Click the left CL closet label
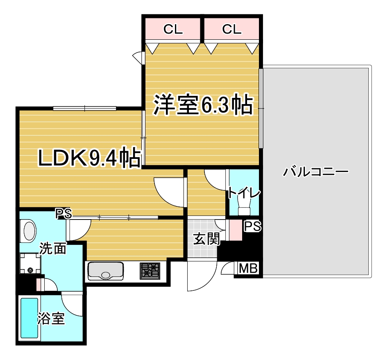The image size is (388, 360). (x=173, y=29)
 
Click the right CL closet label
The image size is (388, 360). (x=231, y=29)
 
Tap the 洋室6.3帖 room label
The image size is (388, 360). (x=203, y=104)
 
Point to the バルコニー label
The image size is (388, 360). (x=316, y=172)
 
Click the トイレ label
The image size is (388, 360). (x=244, y=193)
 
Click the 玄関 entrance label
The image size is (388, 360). (x=206, y=239)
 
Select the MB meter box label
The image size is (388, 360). (x=248, y=268)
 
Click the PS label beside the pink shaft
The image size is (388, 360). (x=253, y=226)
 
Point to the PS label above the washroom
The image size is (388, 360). (x=64, y=213)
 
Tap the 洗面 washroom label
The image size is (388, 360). (x=53, y=249)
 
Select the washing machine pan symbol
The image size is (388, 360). (x=30, y=263)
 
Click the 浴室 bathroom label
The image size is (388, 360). (x=51, y=319)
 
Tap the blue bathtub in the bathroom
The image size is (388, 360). (x=29, y=318)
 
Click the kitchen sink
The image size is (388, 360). (x=106, y=271)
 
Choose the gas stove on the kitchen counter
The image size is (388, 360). (x=150, y=271)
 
